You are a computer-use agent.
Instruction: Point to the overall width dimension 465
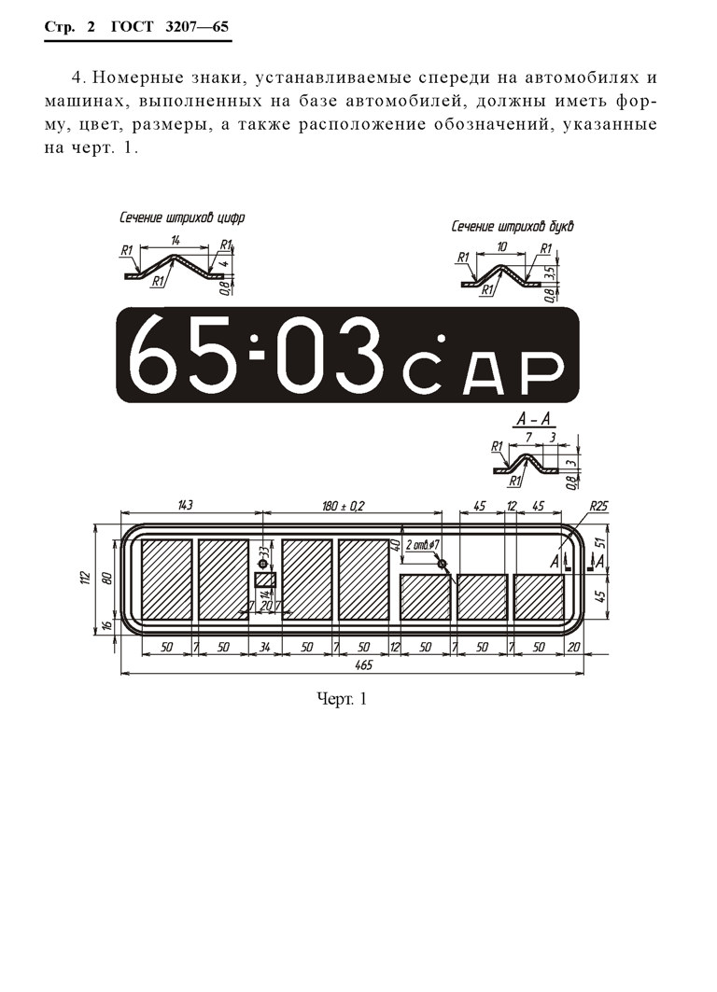[x=364, y=664]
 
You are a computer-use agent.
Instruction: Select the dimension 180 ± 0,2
[x=343, y=506]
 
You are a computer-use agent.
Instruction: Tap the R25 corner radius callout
[x=598, y=506]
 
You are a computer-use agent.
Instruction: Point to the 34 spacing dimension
[x=264, y=648]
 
